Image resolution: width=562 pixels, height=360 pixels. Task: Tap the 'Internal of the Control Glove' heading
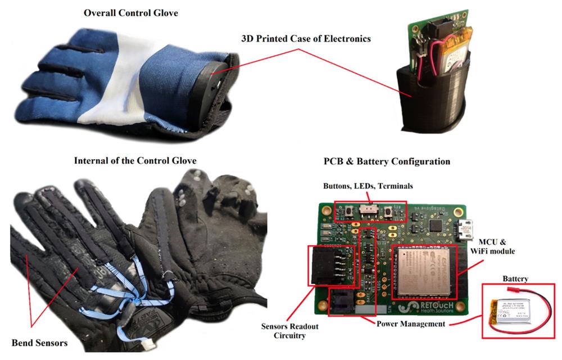tap(135, 161)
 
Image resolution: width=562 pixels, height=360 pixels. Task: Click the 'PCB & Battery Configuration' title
tap(386, 161)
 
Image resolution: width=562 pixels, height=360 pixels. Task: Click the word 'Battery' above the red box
tap(518, 278)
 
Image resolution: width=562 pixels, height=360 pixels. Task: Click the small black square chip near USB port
tap(436, 225)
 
